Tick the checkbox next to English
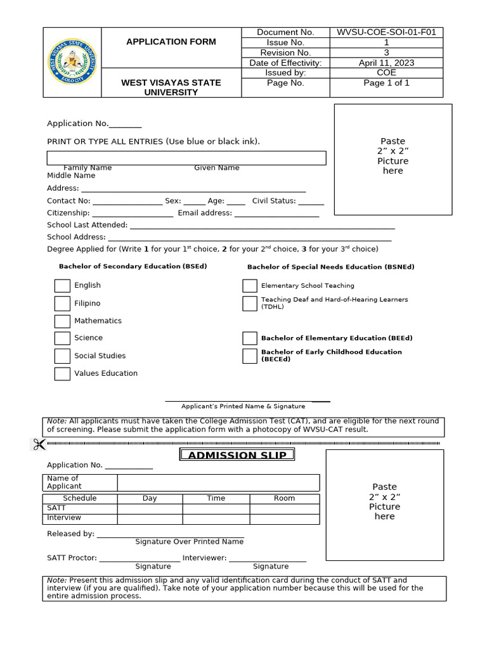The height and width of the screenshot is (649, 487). coord(62,286)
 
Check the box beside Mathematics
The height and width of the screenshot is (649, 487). coord(62,321)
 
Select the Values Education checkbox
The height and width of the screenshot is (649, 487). coord(62,374)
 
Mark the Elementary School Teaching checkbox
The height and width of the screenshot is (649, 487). coord(250,286)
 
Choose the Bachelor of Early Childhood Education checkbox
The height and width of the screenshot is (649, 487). coord(250,356)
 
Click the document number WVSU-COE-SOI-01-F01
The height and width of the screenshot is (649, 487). coord(386,32)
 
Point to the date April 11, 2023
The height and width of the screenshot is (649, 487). coord(386,63)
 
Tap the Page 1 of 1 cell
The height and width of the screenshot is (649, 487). coord(386,83)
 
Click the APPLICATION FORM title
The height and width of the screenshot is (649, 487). coord(171,42)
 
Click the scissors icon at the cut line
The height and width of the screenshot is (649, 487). coord(39,444)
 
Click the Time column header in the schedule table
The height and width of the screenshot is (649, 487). coord(216,498)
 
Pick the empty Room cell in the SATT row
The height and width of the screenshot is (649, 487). coord(284,508)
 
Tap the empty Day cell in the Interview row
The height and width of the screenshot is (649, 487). coord(150,518)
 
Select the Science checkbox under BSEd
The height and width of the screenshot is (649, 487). coord(62,338)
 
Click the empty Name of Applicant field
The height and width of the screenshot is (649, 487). coord(218,482)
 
